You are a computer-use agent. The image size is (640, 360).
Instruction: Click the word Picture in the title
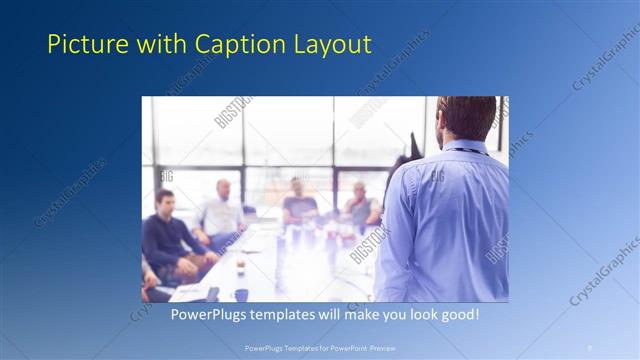click(x=81, y=44)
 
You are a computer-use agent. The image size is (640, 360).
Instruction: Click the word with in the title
click(x=155, y=44)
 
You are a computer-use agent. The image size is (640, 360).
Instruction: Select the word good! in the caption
click(x=457, y=314)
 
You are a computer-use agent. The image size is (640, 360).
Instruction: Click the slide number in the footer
click(x=589, y=347)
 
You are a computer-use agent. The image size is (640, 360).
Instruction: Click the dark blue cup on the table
click(x=241, y=294)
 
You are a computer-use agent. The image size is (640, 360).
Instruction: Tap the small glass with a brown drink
click(x=240, y=266)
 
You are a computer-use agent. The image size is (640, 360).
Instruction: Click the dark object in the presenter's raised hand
click(x=413, y=146)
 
